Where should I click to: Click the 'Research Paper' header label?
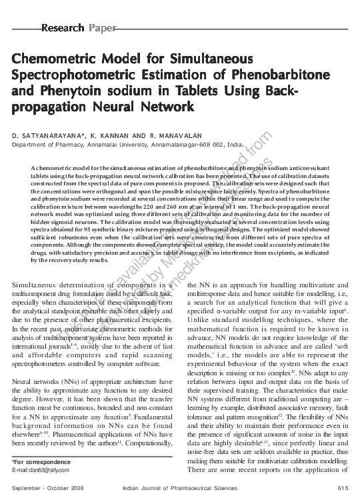(x=79, y=28)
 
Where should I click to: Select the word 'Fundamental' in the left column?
(x=147, y=398)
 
